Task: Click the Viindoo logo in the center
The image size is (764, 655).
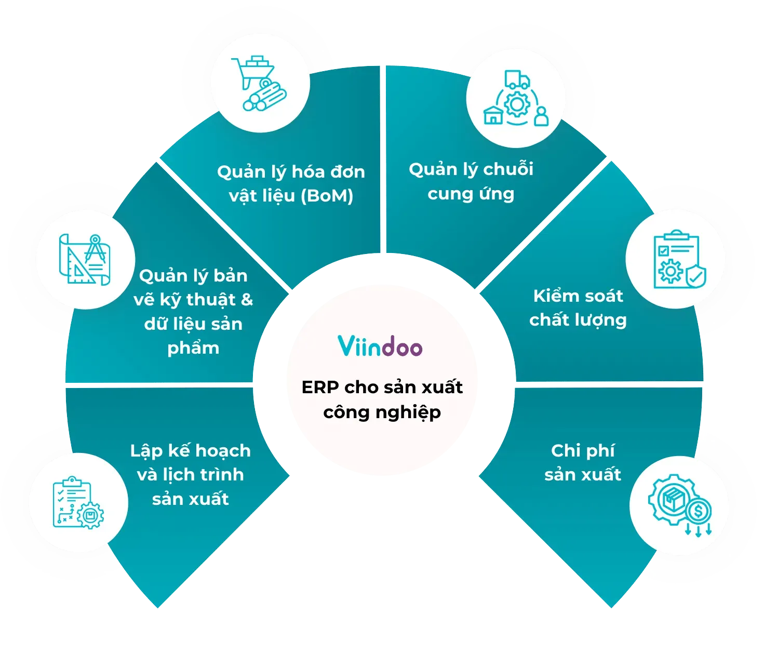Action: pos(380,346)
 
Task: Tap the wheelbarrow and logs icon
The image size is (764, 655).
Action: pos(259,83)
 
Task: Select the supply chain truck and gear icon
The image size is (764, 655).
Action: pos(516,99)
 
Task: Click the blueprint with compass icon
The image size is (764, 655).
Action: pos(85,259)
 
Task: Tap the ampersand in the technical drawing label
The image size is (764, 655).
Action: pos(247,300)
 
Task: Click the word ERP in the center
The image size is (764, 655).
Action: pos(320,387)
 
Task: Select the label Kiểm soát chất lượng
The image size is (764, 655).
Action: pos(578,308)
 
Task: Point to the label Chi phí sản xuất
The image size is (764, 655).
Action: pos(582,462)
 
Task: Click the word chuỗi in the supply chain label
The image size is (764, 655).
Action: pos(508,169)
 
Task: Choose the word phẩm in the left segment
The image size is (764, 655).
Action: pos(193,348)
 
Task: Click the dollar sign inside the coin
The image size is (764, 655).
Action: pos(698,512)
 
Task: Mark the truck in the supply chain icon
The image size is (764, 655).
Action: pos(517,79)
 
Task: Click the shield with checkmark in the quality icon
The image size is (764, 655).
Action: pos(695,276)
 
